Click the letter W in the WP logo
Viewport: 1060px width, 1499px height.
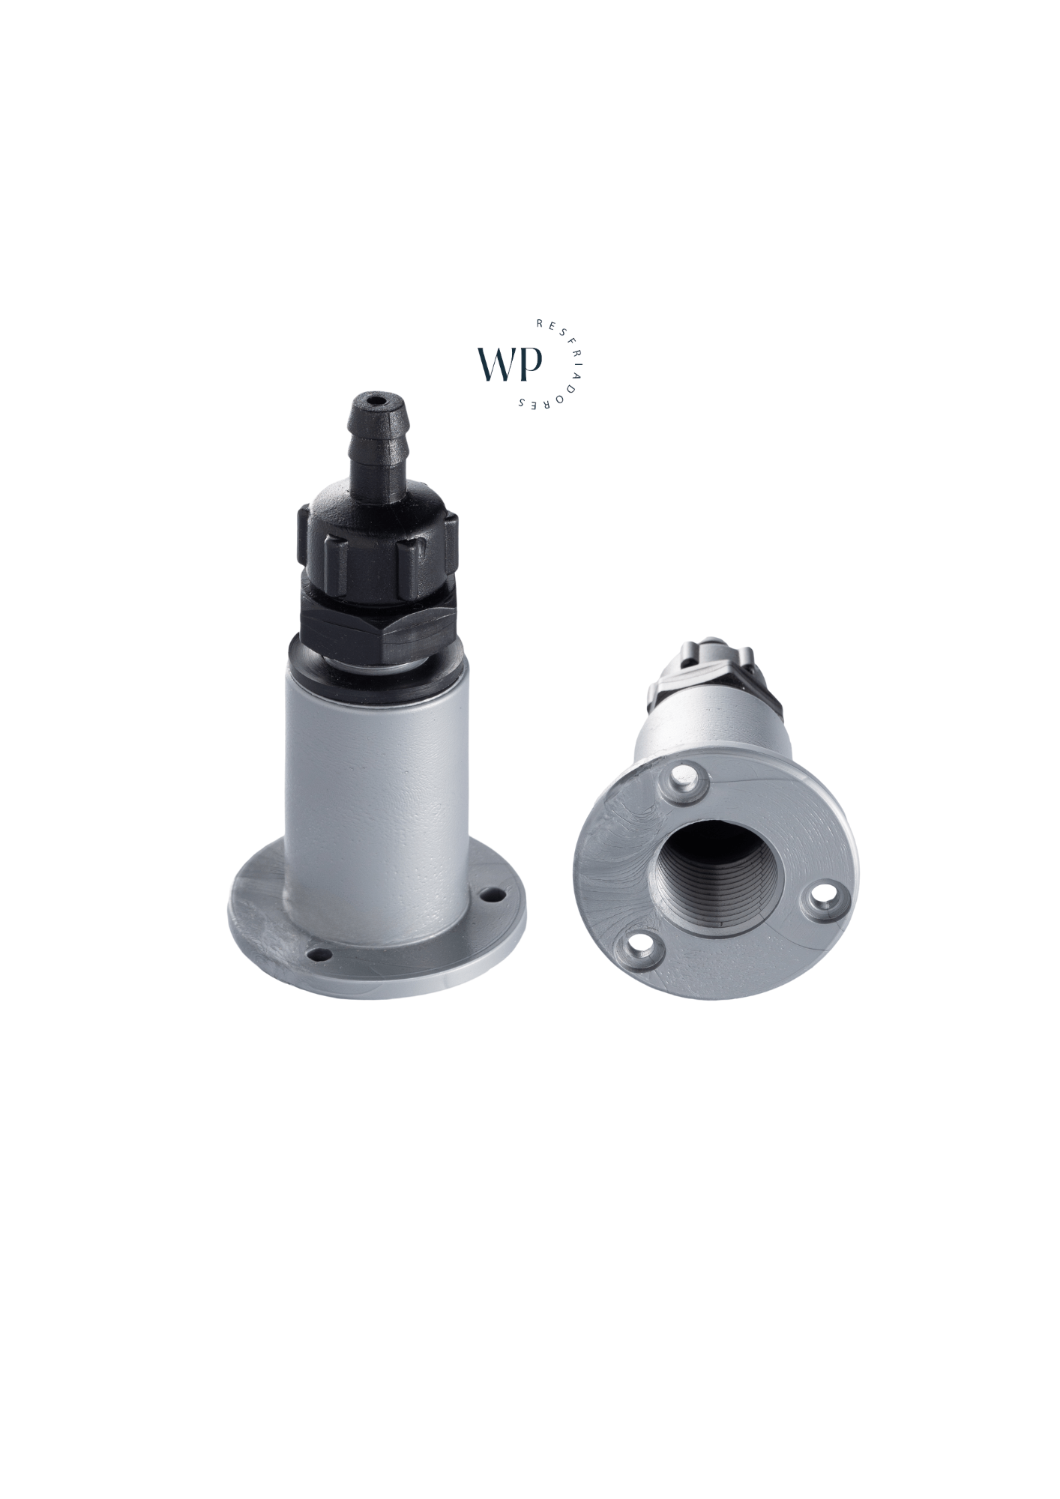pyautogui.click(x=500, y=363)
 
